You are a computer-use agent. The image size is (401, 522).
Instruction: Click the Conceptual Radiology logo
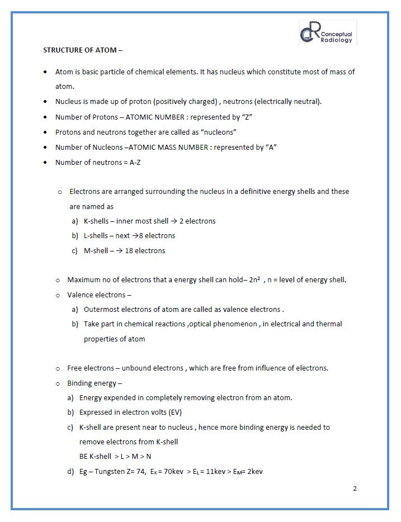[x=327, y=32]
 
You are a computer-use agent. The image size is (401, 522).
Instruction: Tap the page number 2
[x=355, y=488]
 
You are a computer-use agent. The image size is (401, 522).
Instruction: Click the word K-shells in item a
[x=96, y=221]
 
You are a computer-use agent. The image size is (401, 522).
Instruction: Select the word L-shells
[x=96, y=235]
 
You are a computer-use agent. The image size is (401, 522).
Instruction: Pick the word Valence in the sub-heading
[x=80, y=295]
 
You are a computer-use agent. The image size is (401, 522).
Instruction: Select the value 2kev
[x=254, y=471]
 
